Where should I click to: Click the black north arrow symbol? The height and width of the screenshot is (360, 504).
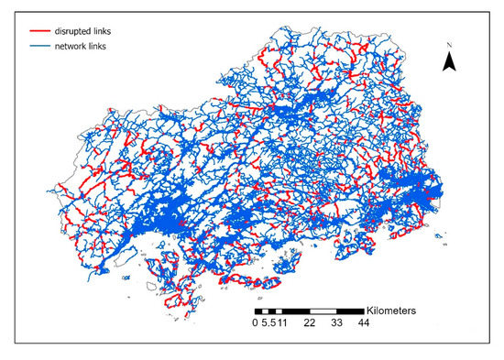click(450, 61)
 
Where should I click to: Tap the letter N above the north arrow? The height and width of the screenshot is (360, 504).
click(450, 44)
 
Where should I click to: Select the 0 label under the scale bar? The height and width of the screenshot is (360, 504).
click(257, 322)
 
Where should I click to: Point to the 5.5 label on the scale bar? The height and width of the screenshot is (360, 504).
click(268, 322)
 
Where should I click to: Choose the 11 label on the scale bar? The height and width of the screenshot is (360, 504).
click(282, 322)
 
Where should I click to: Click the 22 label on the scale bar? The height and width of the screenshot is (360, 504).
click(310, 322)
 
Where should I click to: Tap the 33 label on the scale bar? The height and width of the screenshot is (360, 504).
click(337, 322)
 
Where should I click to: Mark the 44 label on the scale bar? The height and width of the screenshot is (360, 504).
click(364, 322)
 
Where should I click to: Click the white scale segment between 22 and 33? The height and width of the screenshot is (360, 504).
click(323, 311)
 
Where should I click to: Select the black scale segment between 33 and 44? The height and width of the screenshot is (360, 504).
click(351, 311)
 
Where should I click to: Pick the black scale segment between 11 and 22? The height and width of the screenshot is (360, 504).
click(296, 311)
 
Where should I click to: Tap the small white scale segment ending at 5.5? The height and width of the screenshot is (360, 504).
click(266, 311)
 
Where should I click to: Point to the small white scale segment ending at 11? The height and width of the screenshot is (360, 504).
click(279, 311)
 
